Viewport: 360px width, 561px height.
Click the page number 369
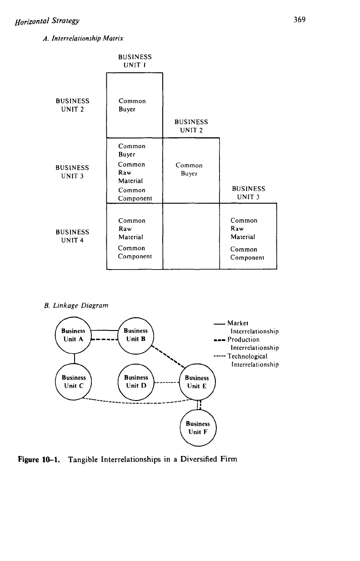[300, 20]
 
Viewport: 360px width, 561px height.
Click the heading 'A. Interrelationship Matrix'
[83, 38]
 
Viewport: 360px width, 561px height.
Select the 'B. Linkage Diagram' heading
[76, 306]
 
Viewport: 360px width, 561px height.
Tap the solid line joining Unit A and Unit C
[75, 358]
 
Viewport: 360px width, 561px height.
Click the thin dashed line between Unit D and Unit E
[166, 382]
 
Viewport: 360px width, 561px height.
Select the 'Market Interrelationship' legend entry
[246, 327]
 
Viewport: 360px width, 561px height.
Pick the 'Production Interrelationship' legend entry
[246, 344]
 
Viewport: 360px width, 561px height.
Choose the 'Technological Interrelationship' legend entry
[246, 360]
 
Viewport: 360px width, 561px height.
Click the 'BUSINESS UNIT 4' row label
[72, 236]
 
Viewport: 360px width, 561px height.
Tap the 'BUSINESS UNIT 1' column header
[135, 61]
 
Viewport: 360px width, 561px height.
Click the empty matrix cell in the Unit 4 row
[191, 236]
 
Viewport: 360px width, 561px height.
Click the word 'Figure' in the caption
[28, 460]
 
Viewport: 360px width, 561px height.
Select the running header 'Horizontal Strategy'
[47, 21]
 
